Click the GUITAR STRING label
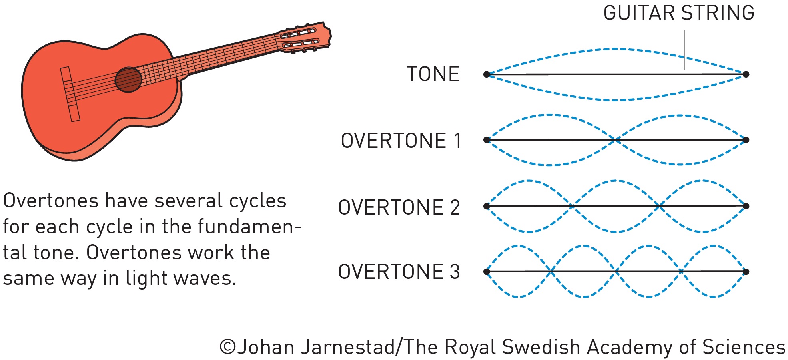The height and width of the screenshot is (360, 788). coord(678,13)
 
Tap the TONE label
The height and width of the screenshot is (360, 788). coord(433,74)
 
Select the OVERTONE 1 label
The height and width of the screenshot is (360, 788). coord(401,141)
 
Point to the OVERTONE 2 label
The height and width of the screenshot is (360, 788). coord(399,207)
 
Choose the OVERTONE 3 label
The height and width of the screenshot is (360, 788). coord(399,272)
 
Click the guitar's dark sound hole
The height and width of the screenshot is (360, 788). coord(128,80)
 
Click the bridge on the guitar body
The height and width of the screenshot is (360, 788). coord(70,94)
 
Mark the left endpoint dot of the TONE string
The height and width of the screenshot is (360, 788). coord(487,74)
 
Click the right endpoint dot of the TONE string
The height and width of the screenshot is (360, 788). coord(746,74)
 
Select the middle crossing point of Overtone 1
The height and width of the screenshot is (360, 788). coord(616,140)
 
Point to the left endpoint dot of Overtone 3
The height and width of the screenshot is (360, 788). coord(487,272)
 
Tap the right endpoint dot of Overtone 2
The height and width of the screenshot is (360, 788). coord(746,206)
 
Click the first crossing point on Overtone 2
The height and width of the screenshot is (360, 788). coord(573,206)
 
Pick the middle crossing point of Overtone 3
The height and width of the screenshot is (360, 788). coord(616,272)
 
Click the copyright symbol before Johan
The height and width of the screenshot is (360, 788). coord(227,347)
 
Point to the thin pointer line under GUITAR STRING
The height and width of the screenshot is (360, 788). coord(684,50)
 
